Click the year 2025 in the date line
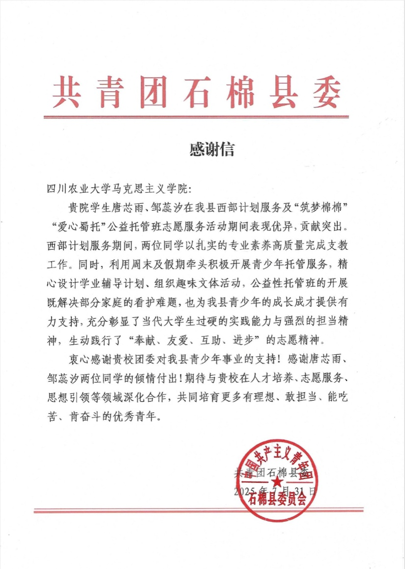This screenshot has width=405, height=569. pyautogui.click(x=244, y=491)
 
